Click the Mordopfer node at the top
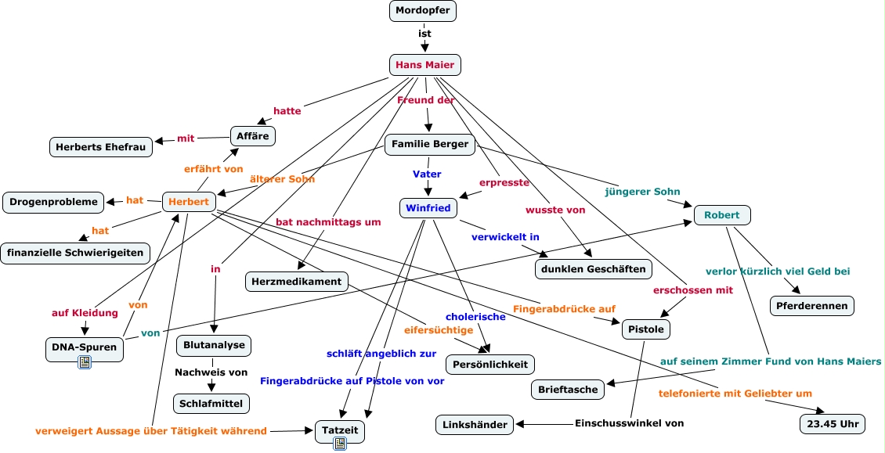point(423,11)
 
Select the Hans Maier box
point(425,65)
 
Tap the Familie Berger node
point(430,144)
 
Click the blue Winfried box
point(428,208)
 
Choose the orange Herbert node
point(189,202)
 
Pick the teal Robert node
point(722,215)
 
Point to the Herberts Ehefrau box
point(101,146)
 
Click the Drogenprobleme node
point(54,202)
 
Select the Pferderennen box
point(812,306)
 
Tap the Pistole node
point(646,330)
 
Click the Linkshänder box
point(475,425)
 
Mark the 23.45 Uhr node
point(832,425)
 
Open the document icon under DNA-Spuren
point(85,361)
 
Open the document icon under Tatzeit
point(340,443)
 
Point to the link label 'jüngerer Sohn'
point(642,192)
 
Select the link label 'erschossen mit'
point(693,290)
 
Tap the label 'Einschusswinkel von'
point(629,423)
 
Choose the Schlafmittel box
point(211,404)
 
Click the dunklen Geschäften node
point(594,269)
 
